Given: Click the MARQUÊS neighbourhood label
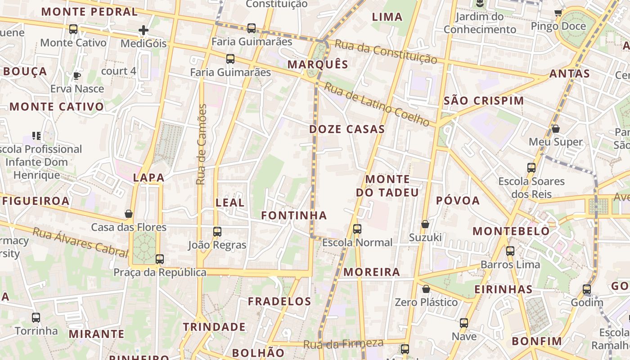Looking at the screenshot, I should (x=318, y=64).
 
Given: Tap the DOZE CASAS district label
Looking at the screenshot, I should (x=347, y=129).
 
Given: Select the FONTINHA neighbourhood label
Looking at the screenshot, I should (x=294, y=216).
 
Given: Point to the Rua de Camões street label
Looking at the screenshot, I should (x=201, y=144).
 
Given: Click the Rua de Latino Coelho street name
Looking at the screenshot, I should (x=377, y=104).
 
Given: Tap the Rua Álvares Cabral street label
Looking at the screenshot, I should (x=81, y=242).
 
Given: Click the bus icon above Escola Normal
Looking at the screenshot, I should (x=357, y=229).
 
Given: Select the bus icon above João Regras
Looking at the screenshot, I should (x=217, y=232).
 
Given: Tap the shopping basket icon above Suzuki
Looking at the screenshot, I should (x=425, y=224).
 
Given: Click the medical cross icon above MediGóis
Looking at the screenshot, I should (x=144, y=31).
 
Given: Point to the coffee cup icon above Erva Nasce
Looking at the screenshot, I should (x=77, y=76).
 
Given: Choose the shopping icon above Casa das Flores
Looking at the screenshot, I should (x=129, y=214).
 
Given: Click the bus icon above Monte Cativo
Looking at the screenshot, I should (x=73, y=29).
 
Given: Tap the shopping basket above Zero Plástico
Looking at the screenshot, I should (x=426, y=289).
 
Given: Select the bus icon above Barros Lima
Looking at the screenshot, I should (x=510, y=251).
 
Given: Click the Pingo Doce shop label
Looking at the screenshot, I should (x=558, y=26).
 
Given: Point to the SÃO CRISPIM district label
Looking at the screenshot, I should (x=484, y=100).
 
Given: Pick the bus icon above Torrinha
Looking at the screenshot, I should (x=36, y=318).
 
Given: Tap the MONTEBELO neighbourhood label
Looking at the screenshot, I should (x=511, y=231).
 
